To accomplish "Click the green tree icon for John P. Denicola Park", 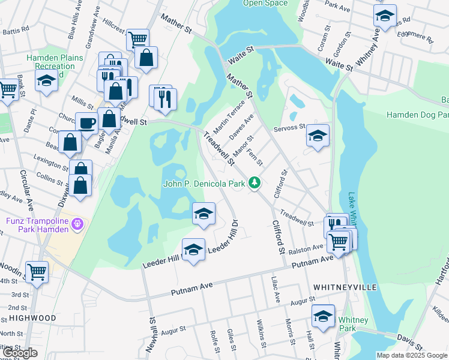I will (x=255, y=182).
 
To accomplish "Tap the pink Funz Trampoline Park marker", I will (x=77, y=225).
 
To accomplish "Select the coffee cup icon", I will (x=86, y=123).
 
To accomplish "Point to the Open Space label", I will (x=265, y=3).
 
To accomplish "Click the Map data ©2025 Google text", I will (x=411, y=355).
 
